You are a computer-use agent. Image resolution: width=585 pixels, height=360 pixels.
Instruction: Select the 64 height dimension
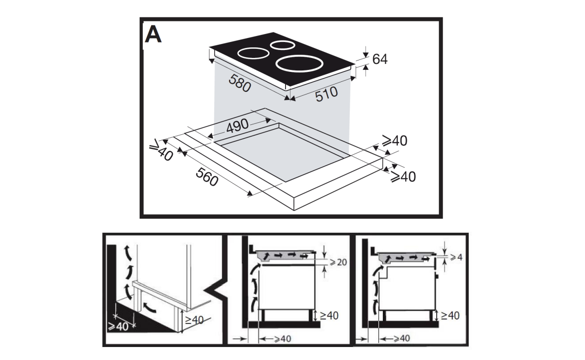pos(380,59)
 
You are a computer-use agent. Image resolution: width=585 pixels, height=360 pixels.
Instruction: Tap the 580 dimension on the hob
pos(238,83)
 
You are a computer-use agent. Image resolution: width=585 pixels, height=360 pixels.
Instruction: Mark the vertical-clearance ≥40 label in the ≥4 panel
pos(449,316)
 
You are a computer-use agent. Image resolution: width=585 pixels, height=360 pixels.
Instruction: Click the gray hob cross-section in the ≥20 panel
pos(285,255)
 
